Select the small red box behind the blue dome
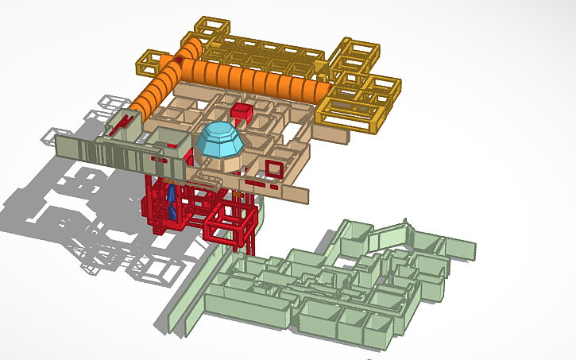click(241, 110)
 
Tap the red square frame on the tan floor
click(275, 168)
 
